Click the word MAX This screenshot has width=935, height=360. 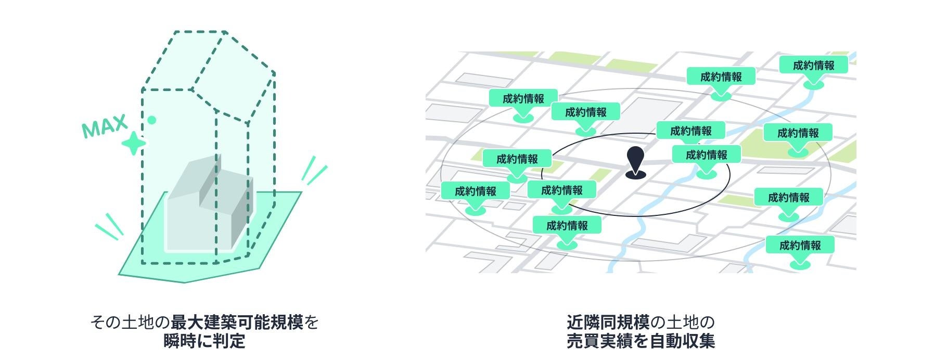click(105, 126)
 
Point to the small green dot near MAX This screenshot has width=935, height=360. click(152, 120)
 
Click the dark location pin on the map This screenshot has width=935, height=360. click(635, 159)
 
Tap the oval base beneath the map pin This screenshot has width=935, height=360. click(635, 175)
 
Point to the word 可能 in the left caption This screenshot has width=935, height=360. click(253, 323)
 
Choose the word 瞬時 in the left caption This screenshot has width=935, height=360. click(180, 341)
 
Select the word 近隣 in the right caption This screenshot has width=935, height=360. click(583, 323)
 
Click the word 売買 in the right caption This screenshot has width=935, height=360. click(583, 341)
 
